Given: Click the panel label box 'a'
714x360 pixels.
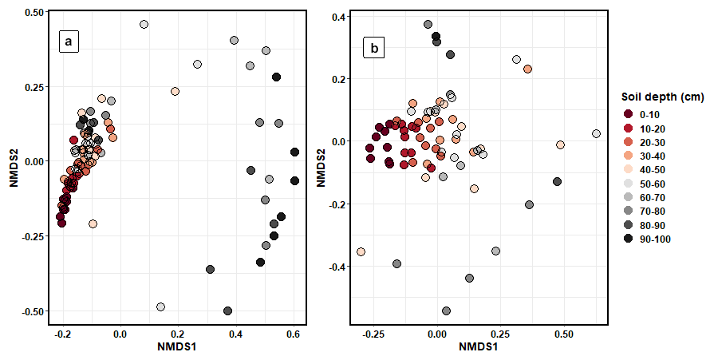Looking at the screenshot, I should tap(69, 42).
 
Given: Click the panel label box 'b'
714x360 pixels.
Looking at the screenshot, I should tap(374, 48).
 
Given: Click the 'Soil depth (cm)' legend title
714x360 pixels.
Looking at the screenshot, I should tap(662, 97).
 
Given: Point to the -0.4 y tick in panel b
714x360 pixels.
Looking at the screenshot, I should tap(334, 267).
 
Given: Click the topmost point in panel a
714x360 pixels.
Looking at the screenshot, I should tap(144, 25).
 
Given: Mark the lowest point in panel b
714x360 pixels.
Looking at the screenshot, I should tap(446, 311).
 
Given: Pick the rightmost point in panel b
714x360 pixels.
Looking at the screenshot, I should tap(596, 134).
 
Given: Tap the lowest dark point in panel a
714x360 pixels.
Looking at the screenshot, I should tap(228, 311).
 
